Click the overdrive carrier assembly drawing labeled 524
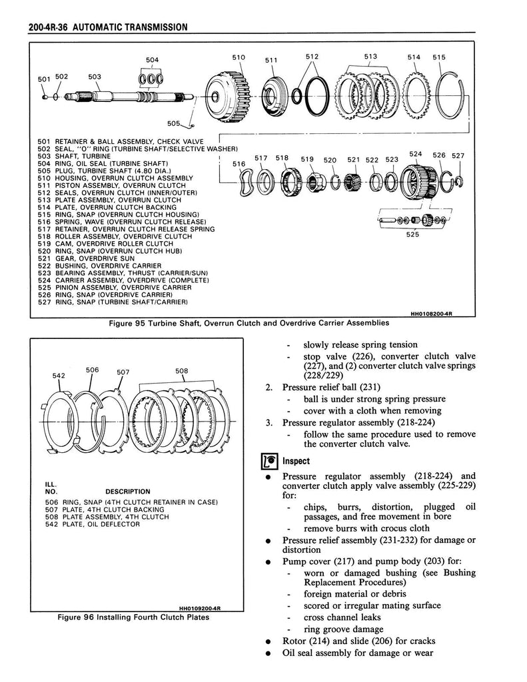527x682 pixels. [420, 182]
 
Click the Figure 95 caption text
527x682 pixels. [249, 323]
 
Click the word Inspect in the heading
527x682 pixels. [296, 461]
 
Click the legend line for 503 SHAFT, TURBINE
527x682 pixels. [74, 155]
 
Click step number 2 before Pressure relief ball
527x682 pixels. [269, 387]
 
